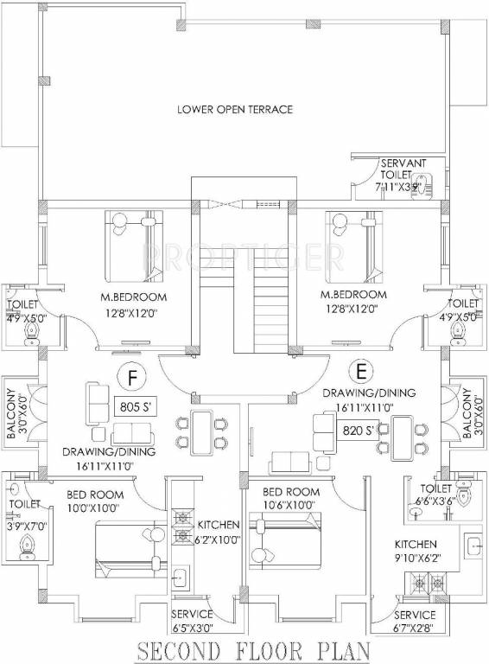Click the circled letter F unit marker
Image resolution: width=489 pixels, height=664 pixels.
point(130,378)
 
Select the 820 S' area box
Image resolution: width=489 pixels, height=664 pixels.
point(359,429)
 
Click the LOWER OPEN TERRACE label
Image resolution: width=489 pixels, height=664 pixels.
point(235,110)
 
